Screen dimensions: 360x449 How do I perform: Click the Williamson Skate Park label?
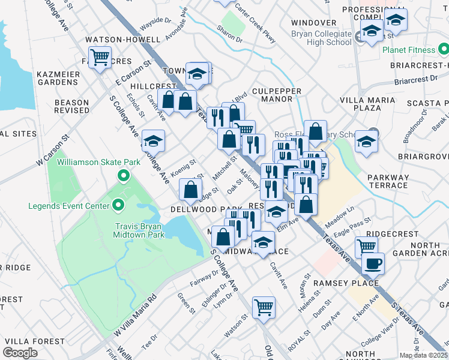point(98,162)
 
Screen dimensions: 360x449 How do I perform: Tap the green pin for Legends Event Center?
point(118,206)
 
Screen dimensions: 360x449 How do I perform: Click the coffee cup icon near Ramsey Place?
point(372,262)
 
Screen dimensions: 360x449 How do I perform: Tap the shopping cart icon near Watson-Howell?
point(101,58)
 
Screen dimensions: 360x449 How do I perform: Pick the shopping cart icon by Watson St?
point(263,307)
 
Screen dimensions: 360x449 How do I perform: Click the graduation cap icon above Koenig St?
point(153,141)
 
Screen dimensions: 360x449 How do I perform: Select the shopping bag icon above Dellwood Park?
point(190,190)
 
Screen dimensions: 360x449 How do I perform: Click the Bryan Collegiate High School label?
point(321,38)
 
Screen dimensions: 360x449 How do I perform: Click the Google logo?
point(20,353)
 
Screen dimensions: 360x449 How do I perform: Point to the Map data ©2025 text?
point(423,355)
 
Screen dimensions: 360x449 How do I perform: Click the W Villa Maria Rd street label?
point(136,313)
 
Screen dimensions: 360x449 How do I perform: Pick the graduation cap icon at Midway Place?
point(262,242)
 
